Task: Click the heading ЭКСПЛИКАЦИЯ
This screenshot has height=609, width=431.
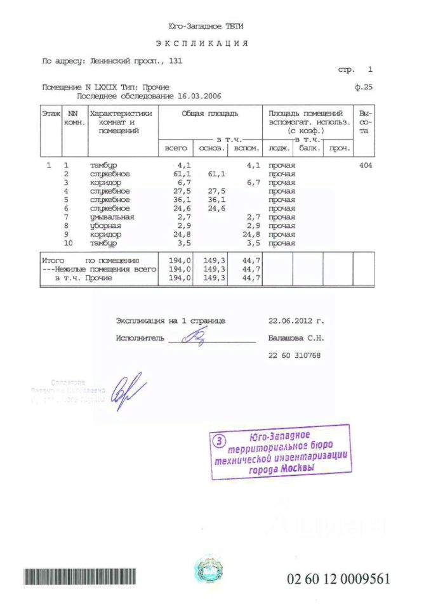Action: coord(201,44)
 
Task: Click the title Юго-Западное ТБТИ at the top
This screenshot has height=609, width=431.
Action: coord(206,27)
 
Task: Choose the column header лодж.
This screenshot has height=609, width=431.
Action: coord(279,148)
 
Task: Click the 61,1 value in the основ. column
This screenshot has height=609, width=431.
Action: coord(216,174)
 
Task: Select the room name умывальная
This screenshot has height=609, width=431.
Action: coord(112,217)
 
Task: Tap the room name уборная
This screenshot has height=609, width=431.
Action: coord(105,226)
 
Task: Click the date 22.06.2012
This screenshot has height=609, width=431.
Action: coord(293,321)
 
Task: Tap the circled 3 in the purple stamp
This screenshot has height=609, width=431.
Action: coord(218,440)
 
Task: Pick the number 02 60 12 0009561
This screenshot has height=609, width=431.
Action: coord(338,579)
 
